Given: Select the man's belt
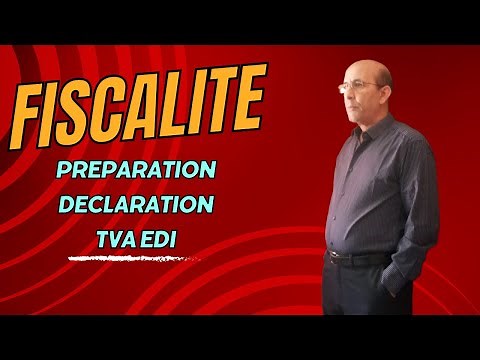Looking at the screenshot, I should [x=360, y=258].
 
